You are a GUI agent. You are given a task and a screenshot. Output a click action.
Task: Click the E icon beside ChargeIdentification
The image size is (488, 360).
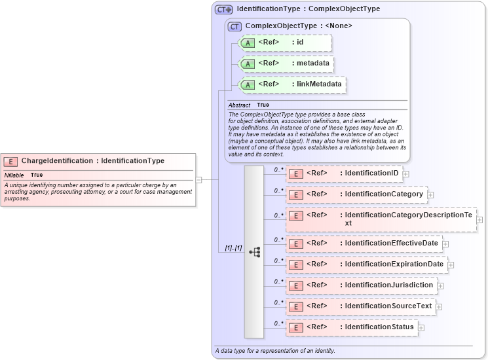10,161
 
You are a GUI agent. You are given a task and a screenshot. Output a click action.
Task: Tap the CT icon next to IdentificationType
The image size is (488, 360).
224,10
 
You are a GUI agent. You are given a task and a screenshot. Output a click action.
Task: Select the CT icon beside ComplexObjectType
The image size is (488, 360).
235,26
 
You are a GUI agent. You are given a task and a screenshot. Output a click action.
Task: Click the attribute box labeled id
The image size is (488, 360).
286,43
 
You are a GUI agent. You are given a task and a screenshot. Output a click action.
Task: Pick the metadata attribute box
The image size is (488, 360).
287,64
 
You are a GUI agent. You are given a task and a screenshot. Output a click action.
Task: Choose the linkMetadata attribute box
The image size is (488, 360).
291,85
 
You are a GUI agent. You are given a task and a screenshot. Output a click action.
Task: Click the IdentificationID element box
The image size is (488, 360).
345,173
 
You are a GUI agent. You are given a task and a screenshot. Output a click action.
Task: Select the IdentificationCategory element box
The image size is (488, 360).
357,194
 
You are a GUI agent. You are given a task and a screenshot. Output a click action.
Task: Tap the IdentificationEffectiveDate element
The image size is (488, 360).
364,243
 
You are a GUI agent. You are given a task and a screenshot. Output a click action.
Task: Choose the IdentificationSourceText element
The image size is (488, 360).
361,306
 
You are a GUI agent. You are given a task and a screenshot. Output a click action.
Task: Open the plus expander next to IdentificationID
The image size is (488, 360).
406,174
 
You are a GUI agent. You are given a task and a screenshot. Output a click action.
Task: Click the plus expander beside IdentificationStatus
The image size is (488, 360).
421,327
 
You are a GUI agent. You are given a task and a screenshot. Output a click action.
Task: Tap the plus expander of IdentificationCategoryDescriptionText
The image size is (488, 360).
479,219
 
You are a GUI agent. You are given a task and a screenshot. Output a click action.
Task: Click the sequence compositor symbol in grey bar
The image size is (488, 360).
254,251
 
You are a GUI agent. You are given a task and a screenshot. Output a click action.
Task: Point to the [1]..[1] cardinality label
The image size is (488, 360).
233,248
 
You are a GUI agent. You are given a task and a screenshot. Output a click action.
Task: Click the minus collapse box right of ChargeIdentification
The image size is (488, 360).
199,179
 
